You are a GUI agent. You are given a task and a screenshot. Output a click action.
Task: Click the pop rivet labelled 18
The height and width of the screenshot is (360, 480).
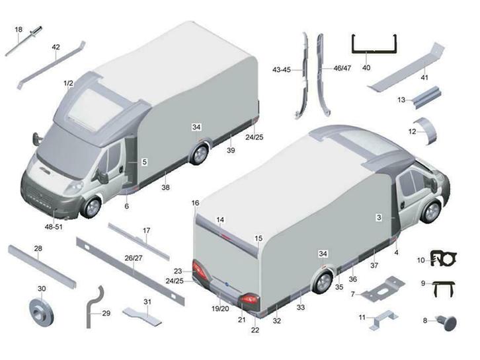click(x=24, y=41)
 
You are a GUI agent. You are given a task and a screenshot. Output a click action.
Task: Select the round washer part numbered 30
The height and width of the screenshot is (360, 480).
click(x=41, y=312)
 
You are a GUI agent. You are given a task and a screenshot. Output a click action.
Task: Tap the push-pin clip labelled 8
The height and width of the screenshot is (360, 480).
click(x=447, y=323)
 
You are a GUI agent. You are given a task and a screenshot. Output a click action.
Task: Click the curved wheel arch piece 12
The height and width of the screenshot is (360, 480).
click(x=427, y=131)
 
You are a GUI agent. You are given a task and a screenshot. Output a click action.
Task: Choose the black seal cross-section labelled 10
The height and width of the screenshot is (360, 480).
click(x=443, y=258)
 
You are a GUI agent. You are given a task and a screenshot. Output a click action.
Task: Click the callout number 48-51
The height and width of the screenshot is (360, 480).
click(x=54, y=227)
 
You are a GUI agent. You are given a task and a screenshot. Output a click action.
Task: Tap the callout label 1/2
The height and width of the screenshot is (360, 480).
click(x=69, y=83)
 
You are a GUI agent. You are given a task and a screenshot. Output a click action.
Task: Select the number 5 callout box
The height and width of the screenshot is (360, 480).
click(x=145, y=162)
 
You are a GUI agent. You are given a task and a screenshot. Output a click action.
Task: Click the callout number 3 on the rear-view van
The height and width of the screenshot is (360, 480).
click(x=379, y=217)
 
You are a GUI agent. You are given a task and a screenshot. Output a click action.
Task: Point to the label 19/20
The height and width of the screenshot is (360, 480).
click(x=220, y=309)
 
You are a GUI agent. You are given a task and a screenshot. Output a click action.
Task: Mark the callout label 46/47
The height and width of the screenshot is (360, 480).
click(x=342, y=68)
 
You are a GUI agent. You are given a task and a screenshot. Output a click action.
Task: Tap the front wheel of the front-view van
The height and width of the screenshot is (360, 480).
click(x=91, y=207)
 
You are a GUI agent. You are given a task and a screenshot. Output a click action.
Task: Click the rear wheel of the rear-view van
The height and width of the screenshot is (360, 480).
click(x=323, y=281)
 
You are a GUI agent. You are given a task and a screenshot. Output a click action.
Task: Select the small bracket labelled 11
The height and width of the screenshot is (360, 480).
click(x=383, y=320)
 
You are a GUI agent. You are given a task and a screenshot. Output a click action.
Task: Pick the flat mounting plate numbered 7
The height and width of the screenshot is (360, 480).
click(x=383, y=289)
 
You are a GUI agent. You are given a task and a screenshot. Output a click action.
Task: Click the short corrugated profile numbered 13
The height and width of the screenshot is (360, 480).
click(x=426, y=96)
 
